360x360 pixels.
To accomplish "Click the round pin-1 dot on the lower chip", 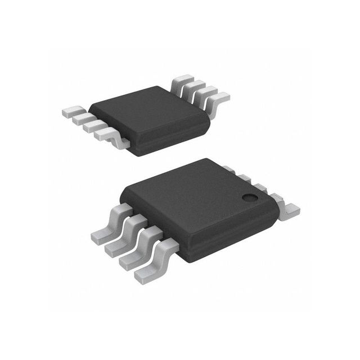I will (x=249, y=197).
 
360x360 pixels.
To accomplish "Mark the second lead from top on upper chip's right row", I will (x=194, y=87).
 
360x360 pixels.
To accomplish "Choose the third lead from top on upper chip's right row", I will (x=206, y=93).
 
